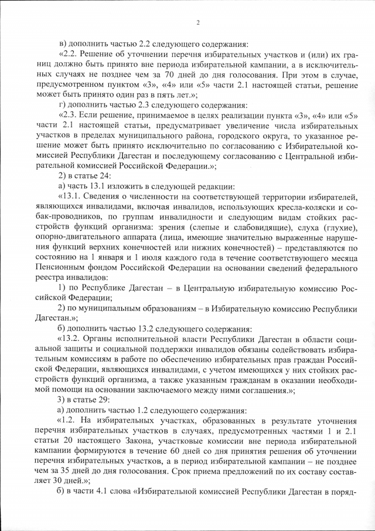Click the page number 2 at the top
click(x=198, y=23)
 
